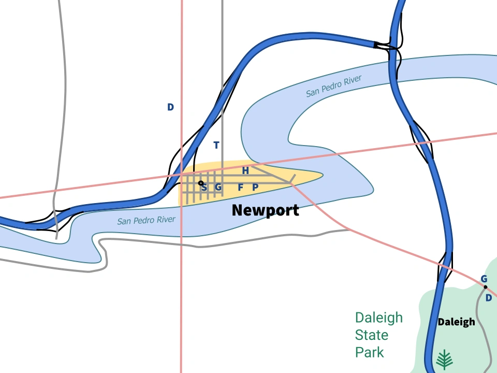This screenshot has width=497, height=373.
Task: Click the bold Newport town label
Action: coord(265,210)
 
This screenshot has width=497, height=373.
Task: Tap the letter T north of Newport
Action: coord(216,145)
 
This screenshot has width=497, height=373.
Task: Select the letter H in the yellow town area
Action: coord(245,170)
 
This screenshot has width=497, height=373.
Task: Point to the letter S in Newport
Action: coord(204,187)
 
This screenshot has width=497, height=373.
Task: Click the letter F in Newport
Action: coord(240,187)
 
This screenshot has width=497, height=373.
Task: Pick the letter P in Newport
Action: coord(255,187)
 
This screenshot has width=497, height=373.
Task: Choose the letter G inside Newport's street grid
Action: coord(218,187)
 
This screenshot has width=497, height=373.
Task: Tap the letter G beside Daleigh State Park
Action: coord(484,279)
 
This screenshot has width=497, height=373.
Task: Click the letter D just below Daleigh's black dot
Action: coord(488,298)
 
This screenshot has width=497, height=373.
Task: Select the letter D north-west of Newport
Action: coord(170,107)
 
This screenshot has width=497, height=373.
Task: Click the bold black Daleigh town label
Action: coord(456,322)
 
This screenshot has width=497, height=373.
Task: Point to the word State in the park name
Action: coord(372,335)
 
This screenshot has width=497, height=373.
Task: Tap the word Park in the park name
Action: coord(369,353)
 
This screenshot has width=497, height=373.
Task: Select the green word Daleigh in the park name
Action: coord(378,318)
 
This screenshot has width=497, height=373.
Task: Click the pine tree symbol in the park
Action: coord(444,358)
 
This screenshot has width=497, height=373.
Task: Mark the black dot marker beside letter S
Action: coord(201,183)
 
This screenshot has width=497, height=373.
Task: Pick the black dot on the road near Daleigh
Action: coord(485,286)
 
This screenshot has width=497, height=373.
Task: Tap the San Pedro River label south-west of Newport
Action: coord(146,220)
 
